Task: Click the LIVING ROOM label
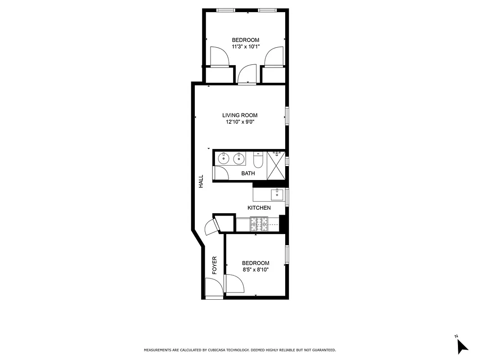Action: click(x=240, y=115)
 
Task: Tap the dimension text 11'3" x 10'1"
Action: click(x=245, y=46)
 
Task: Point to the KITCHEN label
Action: click(x=259, y=207)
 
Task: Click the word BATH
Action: click(x=248, y=173)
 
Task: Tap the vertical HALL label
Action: click(x=201, y=181)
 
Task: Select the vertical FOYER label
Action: click(x=215, y=265)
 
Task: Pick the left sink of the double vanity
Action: click(x=224, y=158)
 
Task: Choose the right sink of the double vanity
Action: click(x=240, y=158)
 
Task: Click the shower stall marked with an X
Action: click(x=276, y=166)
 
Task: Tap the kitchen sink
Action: click(x=276, y=194)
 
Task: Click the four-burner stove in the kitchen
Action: click(x=259, y=222)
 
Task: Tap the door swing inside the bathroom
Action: click(x=220, y=173)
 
